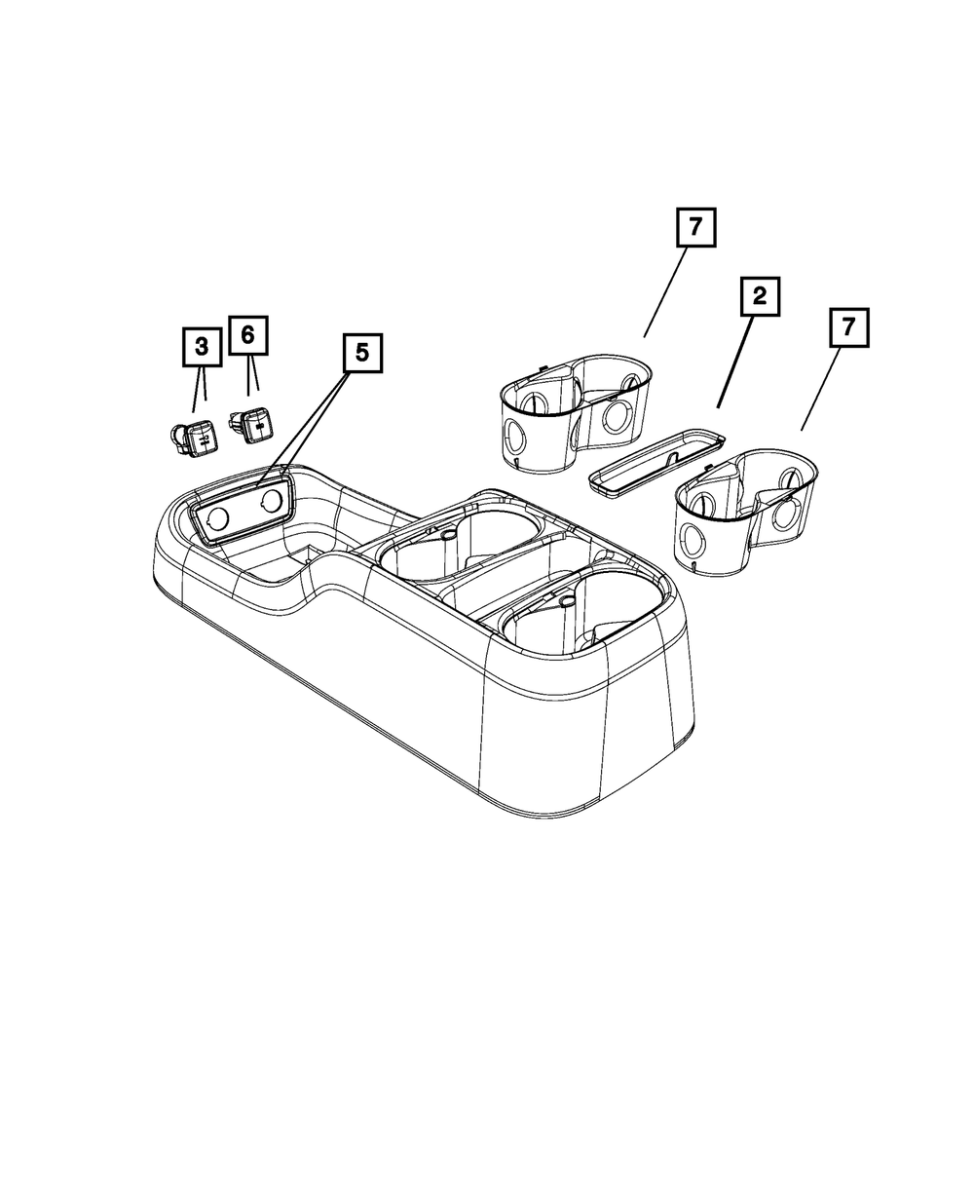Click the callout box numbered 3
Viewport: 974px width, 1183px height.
pos(201,346)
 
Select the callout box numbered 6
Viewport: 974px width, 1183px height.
pos(247,334)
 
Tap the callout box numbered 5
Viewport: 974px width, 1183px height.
pos(362,353)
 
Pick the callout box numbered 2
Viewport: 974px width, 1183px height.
pos(760,298)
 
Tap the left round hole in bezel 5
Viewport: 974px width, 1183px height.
pos(218,518)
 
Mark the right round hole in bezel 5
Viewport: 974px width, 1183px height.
pos(272,501)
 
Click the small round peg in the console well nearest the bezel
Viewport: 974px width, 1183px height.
pos(447,535)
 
